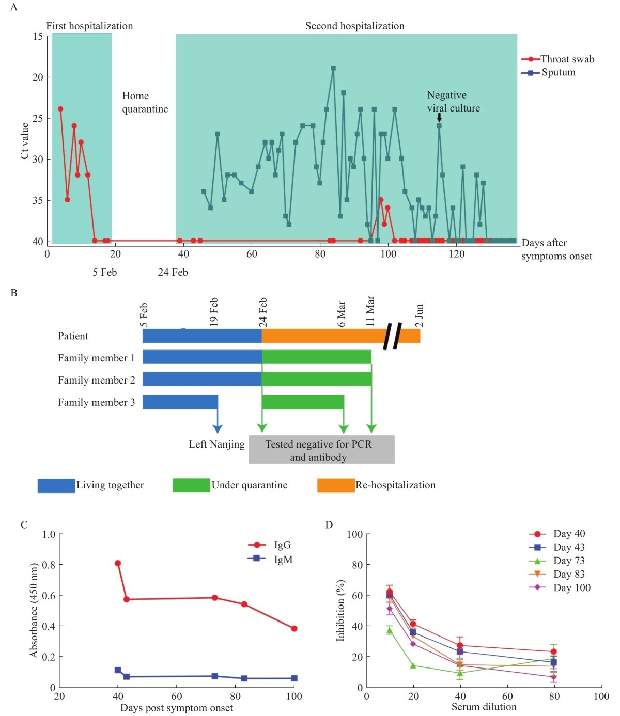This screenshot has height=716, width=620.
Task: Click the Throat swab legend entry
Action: pos(558,59)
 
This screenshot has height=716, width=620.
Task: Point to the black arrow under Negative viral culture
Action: pos(439,118)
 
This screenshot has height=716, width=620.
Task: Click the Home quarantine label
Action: pos(145,102)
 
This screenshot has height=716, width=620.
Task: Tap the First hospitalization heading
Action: pos(89,26)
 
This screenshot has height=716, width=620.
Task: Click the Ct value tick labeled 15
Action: pos(38,36)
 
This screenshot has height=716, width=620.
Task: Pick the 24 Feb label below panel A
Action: pos(173,272)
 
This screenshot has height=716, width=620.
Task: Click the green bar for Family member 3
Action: pos(303,402)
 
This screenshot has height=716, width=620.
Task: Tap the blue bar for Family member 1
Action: pos(202,357)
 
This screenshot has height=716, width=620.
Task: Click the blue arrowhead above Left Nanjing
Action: pos(218,428)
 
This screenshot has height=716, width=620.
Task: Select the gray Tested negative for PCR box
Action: pos(321,450)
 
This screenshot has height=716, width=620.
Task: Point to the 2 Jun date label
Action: pos(419,315)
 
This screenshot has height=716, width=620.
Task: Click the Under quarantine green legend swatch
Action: pos(191,485)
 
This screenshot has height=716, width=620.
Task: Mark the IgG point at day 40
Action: pos(118,563)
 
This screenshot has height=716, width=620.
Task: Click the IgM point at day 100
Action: pos(294,678)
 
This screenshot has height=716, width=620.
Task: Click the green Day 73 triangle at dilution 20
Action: pos(413,665)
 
